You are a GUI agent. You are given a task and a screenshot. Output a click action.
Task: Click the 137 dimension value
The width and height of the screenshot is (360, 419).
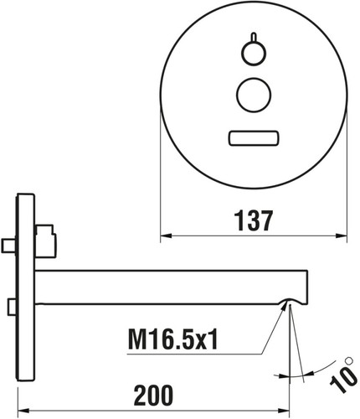(x=254, y=220)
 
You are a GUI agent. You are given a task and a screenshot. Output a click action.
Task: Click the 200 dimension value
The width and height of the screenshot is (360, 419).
(x=153, y=396)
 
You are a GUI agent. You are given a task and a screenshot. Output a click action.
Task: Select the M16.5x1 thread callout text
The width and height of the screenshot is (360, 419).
(x=172, y=339)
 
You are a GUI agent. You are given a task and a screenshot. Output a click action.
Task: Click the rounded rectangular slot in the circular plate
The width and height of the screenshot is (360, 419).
(x=254, y=138)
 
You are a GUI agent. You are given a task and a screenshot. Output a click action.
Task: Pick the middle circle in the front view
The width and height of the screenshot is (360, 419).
(x=254, y=96)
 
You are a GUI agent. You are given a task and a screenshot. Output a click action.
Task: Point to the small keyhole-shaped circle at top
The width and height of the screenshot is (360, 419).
(x=254, y=53)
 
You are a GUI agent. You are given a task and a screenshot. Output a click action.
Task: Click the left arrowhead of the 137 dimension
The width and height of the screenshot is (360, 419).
(x=166, y=235)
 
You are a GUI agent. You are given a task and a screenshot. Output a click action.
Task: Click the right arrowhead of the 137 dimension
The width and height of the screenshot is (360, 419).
(x=342, y=235)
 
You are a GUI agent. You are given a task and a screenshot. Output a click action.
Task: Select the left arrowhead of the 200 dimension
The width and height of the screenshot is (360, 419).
(x=23, y=411)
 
